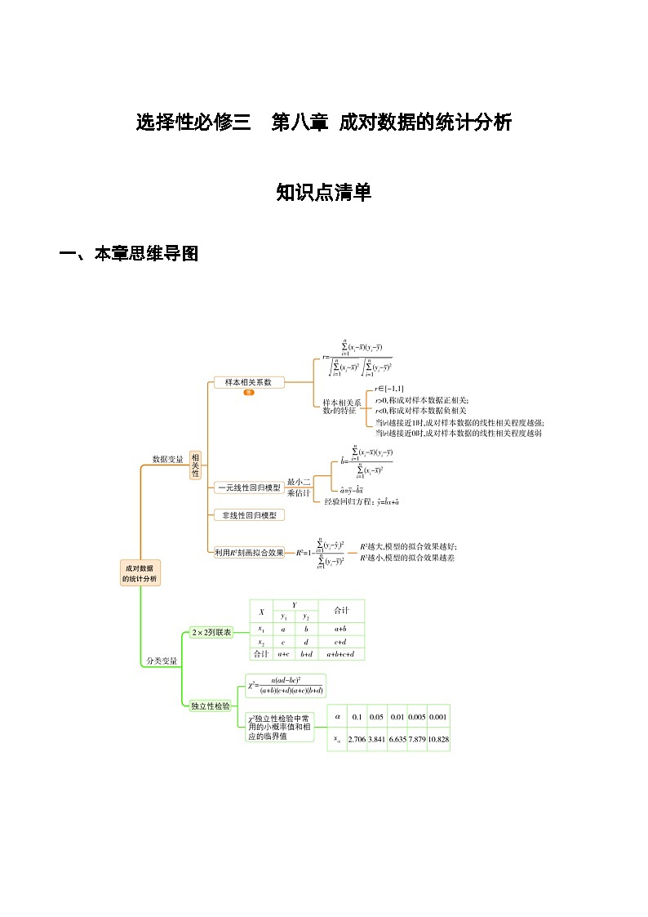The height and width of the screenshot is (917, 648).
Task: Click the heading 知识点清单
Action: point(323,193)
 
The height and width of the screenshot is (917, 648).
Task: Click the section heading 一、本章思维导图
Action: point(129,254)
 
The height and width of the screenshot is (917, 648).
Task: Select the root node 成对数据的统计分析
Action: point(140,572)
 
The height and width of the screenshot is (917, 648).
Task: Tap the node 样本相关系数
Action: point(248,381)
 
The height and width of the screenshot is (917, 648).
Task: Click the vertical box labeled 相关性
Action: point(195,465)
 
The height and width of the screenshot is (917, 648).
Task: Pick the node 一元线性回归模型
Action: point(248,487)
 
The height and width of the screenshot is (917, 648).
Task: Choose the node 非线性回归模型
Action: point(249,515)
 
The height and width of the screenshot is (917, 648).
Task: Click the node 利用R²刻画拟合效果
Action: point(249,553)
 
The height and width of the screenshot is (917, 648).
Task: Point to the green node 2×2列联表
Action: point(211,632)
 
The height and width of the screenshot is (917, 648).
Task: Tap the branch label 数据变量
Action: point(168,459)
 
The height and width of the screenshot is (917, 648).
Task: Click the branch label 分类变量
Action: point(161,660)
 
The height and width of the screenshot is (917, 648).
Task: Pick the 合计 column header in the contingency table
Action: point(342,610)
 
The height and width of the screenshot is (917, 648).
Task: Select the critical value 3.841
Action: point(376,739)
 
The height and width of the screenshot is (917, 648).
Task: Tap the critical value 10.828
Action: point(438,739)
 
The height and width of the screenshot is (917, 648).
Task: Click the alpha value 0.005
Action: point(417,716)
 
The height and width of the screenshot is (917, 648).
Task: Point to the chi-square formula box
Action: point(286,685)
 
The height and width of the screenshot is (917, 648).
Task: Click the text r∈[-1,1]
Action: point(389,390)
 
